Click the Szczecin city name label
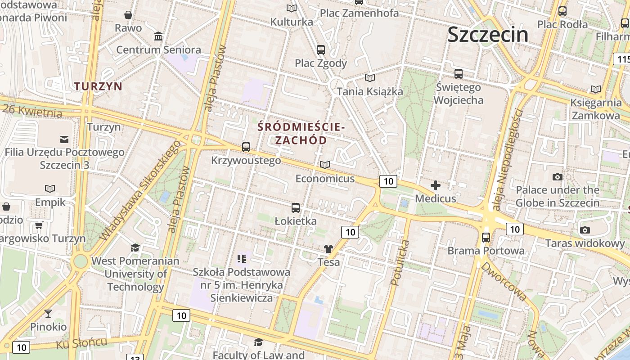488,34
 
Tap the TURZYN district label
98,86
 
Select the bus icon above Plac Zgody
321,49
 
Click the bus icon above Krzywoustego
246,147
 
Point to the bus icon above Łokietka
296,207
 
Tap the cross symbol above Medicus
436,185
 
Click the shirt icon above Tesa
328,248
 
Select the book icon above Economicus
325,165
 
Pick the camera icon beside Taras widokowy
585,230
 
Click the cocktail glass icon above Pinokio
48,313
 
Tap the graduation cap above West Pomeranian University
135,247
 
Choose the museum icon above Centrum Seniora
158,36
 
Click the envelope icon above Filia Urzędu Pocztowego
64,139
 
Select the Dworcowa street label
504,281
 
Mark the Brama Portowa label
486,251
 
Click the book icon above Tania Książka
369,78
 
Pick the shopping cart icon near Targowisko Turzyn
39,225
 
